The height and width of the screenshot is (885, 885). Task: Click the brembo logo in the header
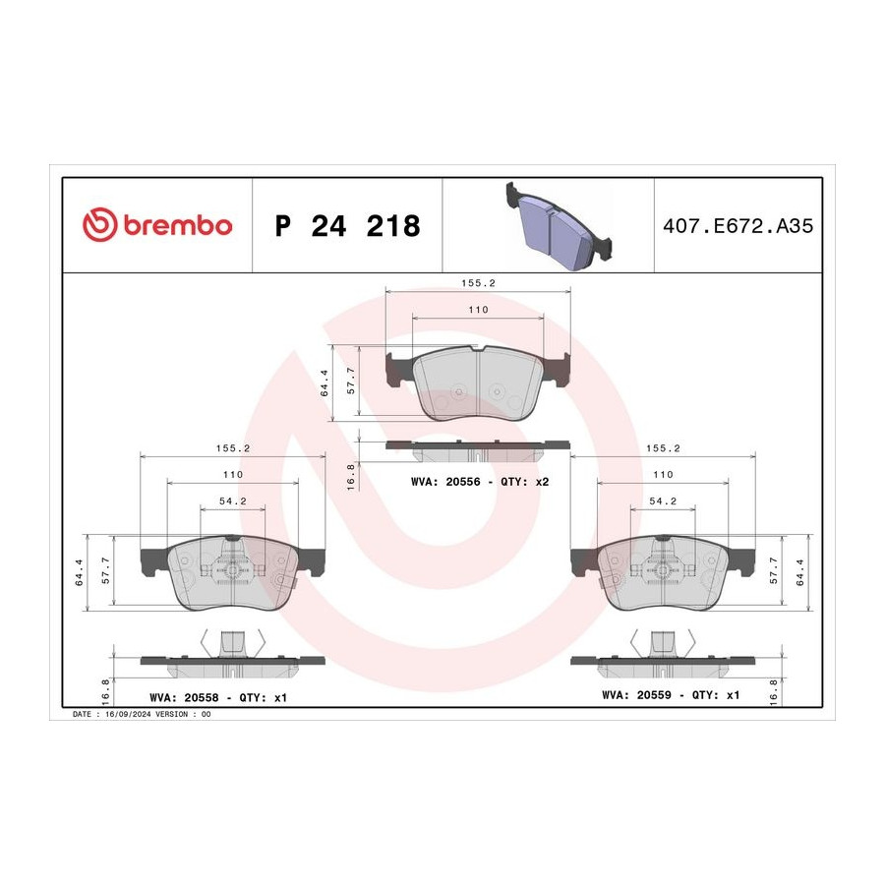coord(157,225)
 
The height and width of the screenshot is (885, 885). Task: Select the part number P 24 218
coord(348,226)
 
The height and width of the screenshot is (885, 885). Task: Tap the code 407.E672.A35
coord(737,226)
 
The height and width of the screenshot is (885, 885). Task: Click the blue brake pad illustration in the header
coord(559,225)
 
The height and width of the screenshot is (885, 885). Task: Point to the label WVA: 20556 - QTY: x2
coord(480,482)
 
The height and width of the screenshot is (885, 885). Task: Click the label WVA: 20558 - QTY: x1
coord(218,697)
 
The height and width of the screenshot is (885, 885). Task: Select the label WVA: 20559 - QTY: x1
coord(671,695)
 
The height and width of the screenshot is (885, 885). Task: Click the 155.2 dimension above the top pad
coord(478,283)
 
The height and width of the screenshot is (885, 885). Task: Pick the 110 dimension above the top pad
coord(478,310)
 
